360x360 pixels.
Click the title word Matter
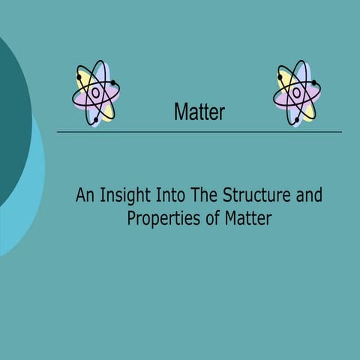(199, 112)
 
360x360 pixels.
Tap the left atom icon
(96, 94)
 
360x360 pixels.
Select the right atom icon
(297, 94)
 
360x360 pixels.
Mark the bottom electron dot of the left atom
(95, 119)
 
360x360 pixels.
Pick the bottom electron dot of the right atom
(296, 119)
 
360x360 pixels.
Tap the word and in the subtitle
(306, 196)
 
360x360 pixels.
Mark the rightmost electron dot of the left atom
(112, 82)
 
